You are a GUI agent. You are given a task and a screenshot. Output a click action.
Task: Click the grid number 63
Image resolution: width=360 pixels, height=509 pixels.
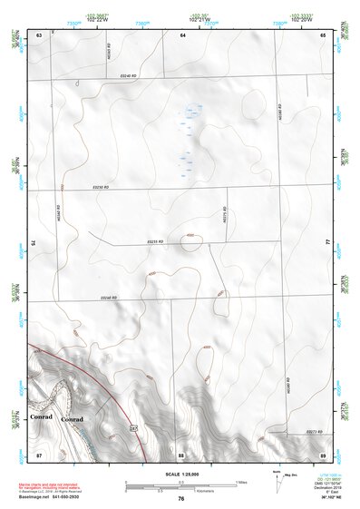(x=39, y=34)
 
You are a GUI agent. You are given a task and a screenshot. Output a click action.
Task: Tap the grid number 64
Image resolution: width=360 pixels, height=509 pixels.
(x=181, y=34)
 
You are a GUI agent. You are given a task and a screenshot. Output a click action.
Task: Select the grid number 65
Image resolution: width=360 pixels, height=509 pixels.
(x=323, y=34)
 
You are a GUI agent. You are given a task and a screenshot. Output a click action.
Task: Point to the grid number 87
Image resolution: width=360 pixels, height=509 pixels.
(x=39, y=454)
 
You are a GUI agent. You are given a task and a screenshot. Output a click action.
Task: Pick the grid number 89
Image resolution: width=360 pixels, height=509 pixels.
(x=323, y=454)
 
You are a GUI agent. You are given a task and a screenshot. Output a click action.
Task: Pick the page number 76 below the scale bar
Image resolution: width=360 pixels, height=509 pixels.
(x=181, y=499)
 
